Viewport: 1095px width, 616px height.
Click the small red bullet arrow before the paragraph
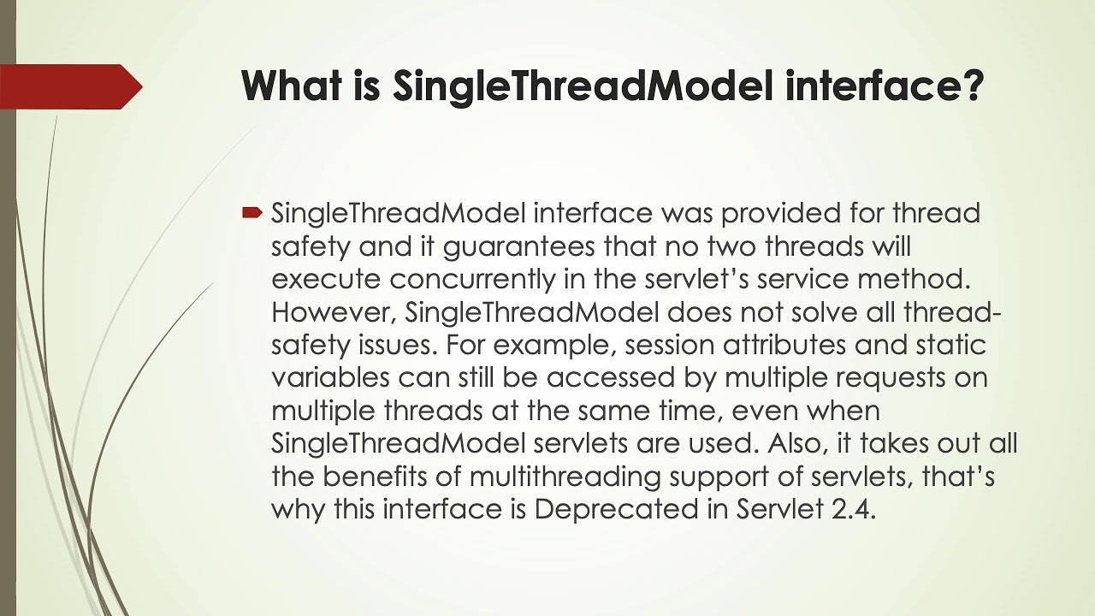(252, 211)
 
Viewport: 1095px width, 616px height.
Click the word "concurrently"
(485, 280)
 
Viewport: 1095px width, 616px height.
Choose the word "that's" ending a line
(958, 476)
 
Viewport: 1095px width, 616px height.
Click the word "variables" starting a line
(330, 378)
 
